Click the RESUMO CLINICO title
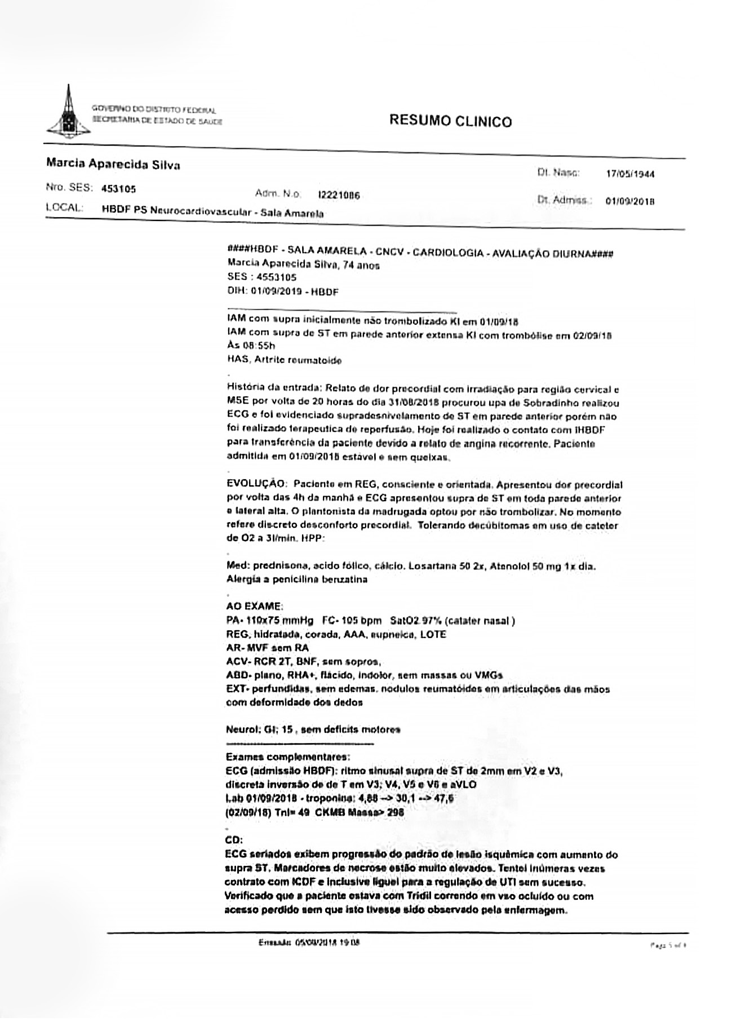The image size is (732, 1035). (x=450, y=121)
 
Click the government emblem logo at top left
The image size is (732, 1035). (x=68, y=113)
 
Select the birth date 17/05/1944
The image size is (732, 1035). (x=630, y=174)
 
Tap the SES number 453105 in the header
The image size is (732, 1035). (x=118, y=189)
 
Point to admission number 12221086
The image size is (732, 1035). (x=339, y=196)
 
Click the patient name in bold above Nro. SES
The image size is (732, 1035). (x=113, y=165)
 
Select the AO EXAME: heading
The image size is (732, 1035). (x=254, y=607)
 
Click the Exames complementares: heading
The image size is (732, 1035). (x=287, y=757)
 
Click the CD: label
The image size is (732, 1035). (x=234, y=839)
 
